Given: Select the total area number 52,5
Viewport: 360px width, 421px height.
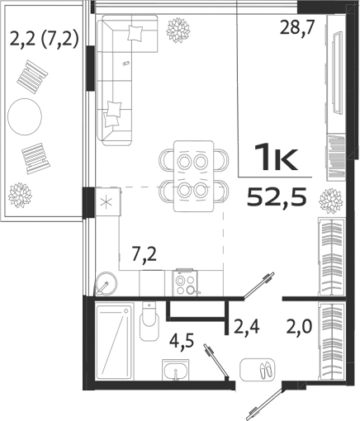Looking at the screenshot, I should [x=276, y=196].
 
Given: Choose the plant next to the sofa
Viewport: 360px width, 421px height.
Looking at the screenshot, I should [x=177, y=31].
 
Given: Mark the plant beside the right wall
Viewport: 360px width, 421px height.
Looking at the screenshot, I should [x=331, y=201].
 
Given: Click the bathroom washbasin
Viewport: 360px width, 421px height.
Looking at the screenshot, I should [x=174, y=372].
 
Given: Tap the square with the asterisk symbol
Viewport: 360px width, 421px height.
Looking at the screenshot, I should [x=105, y=201].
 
